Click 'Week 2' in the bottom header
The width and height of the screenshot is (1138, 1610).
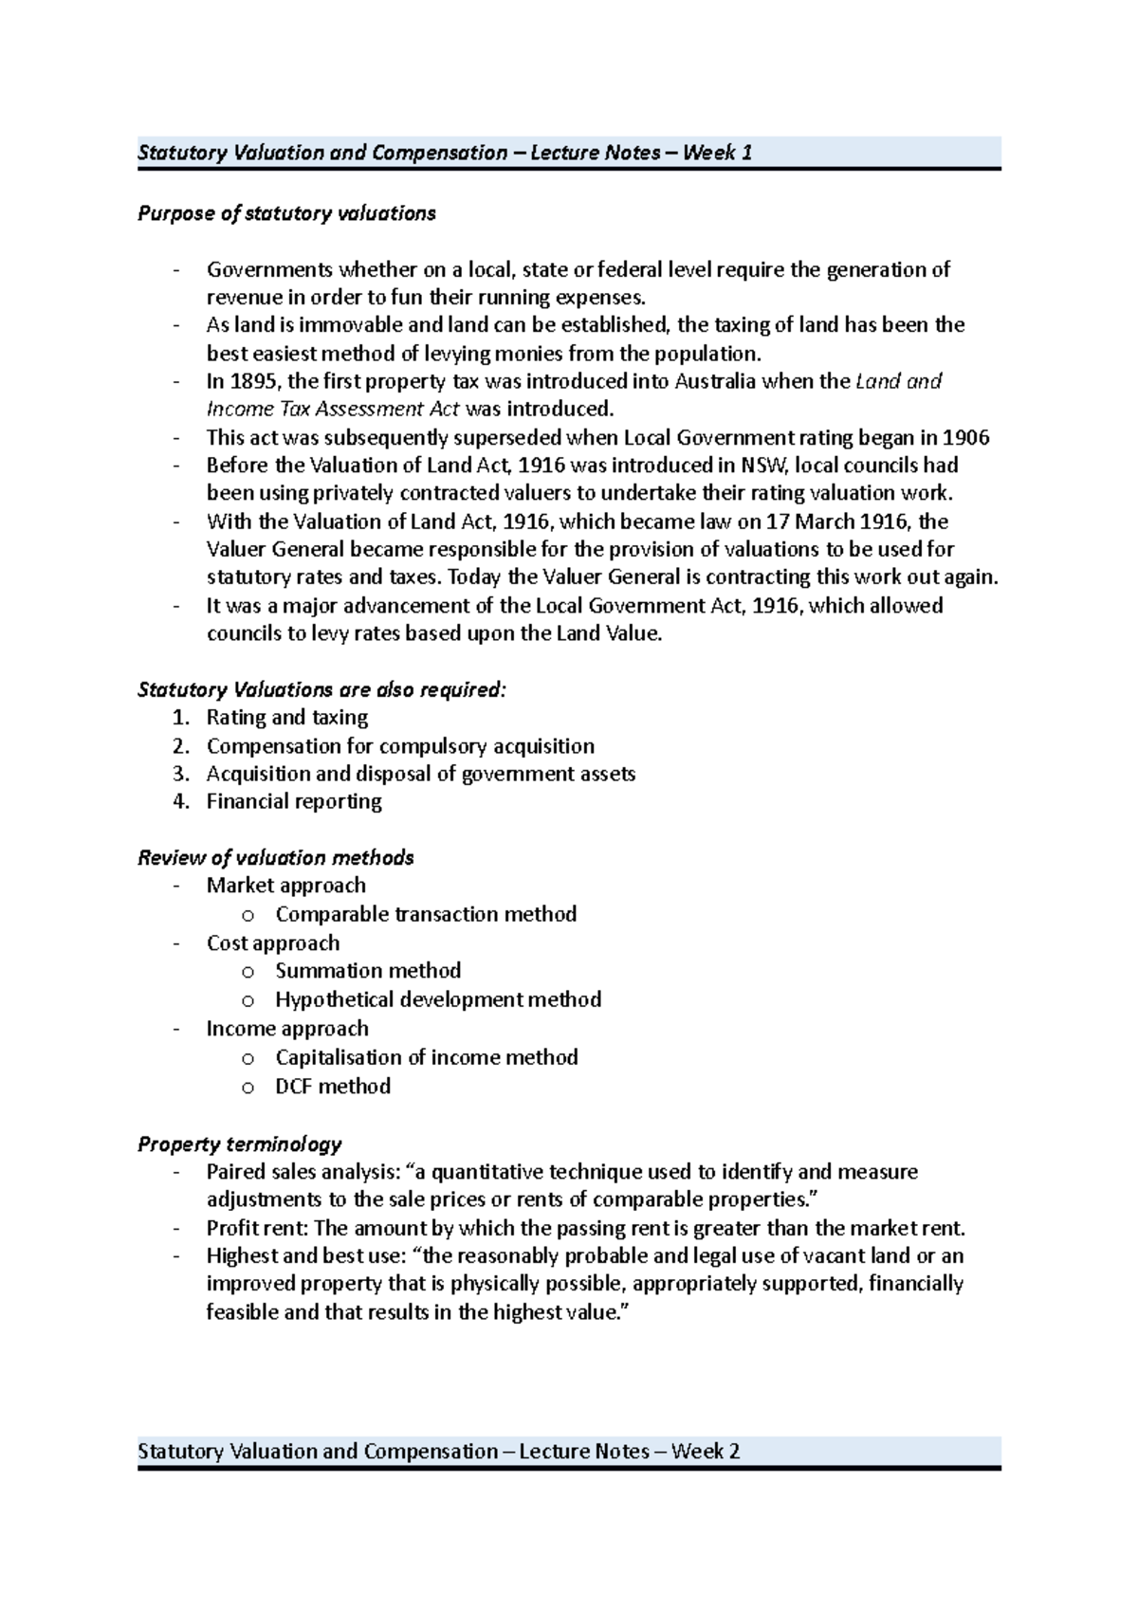pos(705,1451)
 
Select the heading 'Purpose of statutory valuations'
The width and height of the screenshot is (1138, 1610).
pos(286,213)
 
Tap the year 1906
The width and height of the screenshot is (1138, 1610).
pos(966,438)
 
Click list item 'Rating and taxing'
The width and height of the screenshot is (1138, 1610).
pos(287,718)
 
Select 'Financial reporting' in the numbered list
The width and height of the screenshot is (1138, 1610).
pos(294,801)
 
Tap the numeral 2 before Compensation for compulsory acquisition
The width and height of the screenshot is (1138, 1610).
pos(180,746)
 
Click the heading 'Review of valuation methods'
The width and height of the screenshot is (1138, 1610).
pos(276,858)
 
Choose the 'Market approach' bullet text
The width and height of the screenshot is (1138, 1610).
pos(285,886)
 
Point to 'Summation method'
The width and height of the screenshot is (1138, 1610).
pos(368,971)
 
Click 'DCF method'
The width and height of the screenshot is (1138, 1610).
pos(333,1087)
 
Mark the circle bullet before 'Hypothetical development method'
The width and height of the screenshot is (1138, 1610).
pos(248,1000)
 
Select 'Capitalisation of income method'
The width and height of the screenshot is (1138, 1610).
pos(427,1057)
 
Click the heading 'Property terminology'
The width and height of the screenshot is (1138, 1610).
pos(240,1144)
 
